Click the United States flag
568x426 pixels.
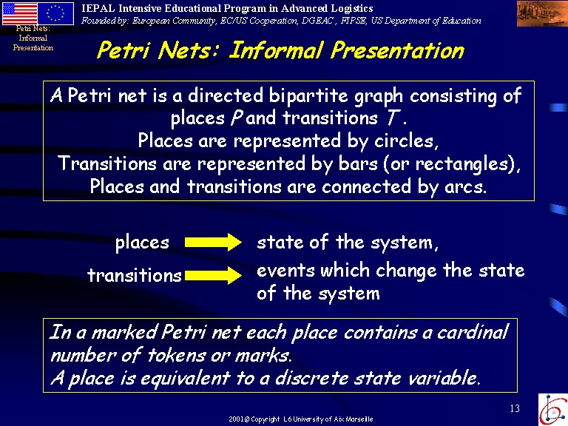coord(19,13)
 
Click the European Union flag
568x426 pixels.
coord(55,13)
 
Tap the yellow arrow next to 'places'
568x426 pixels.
coord(213,242)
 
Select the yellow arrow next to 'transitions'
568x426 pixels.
coord(213,275)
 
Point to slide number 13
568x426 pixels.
coord(515,408)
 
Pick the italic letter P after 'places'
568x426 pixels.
coord(237,118)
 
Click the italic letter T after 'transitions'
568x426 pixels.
coord(392,118)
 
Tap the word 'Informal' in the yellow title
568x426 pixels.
coord(276,50)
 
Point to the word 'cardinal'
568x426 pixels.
coord(473,332)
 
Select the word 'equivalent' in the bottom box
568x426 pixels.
coord(185,378)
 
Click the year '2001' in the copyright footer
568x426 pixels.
coord(236,419)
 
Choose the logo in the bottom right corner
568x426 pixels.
coord(552,409)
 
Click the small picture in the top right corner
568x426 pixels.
coord(542,13)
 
